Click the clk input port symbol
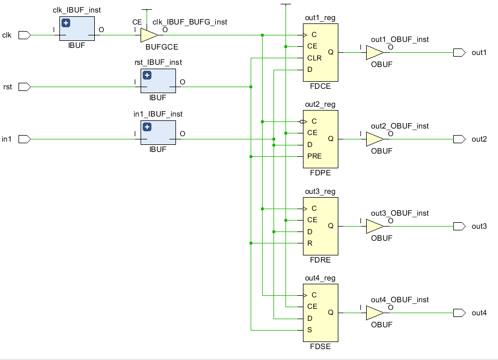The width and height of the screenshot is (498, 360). pos(24,35)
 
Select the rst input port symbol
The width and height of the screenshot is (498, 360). pos(24,87)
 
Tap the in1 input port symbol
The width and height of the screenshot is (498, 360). pos(24,139)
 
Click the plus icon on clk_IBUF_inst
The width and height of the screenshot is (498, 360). pos(66,23)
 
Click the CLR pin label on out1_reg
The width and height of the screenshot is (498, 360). pos(314,58)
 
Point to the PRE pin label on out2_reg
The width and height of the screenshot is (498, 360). pos(314,156)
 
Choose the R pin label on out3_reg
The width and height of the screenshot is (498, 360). pos(310,243)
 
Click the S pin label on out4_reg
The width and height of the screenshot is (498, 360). pos(310,330)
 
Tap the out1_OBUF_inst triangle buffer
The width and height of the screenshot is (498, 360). pos(374,52)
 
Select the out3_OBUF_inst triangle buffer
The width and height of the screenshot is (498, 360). pos(374,226)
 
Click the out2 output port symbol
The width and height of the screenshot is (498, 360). pos(459,139)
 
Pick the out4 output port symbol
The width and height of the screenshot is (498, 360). pos(459,313)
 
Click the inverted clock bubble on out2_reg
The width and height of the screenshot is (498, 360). pos(302,121)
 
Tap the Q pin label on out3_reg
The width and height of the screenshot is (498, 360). pos(331,225)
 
